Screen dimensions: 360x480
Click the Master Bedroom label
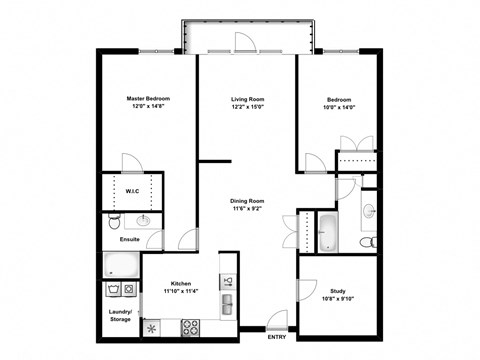[x=148, y=99]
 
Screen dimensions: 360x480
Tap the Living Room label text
[x=247, y=99]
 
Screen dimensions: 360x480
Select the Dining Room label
[x=247, y=200]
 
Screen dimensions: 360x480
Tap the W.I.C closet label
[x=132, y=190]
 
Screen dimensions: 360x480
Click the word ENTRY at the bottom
[x=277, y=337]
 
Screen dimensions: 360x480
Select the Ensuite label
[x=130, y=240]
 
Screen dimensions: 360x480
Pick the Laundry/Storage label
[x=121, y=316]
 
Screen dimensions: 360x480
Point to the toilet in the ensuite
[x=115, y=220]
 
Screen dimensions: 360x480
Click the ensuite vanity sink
[x=145, y=220]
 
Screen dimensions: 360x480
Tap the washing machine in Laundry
[x=112, y=291]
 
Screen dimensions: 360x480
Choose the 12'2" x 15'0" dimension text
[x=247, y=108]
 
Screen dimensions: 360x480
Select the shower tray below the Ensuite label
[x=122, y=265]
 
